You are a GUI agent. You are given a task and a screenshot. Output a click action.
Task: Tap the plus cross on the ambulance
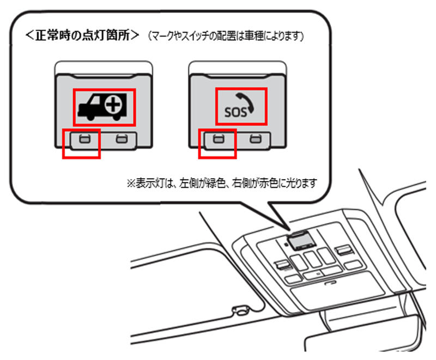click(x=113, y=106)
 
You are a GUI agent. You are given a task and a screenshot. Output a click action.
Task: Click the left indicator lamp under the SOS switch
click(x=218, y=139)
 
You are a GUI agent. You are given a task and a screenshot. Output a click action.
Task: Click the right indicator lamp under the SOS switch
click(x=253, y=139)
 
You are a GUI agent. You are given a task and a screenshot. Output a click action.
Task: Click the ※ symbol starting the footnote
click(x=130, y=181)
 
